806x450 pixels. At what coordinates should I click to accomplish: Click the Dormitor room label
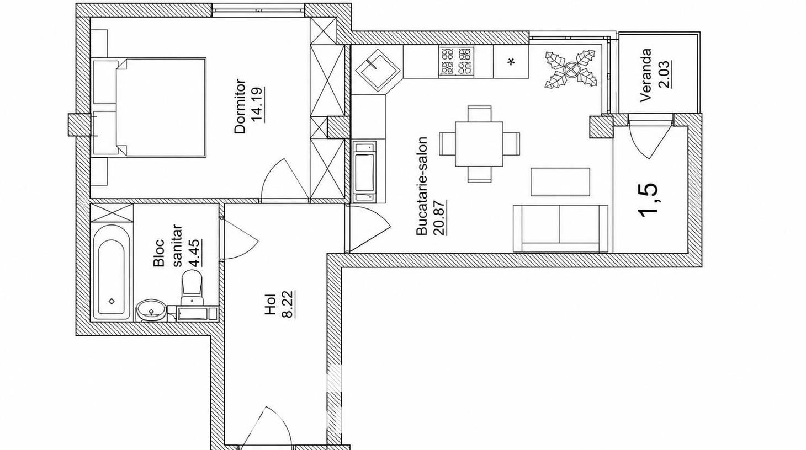(x=240, y=106)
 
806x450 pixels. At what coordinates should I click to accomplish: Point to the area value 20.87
(x=440, y=217)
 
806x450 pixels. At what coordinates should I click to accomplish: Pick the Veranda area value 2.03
(x=664, y=75)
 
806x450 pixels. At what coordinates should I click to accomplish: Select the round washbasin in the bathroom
(x=151, y=309)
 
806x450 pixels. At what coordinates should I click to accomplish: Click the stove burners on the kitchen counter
(x=456, y=62)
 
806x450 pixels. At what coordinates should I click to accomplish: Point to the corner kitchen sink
(x=377, y=69)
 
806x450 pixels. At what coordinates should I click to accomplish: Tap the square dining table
(x=479, y=144)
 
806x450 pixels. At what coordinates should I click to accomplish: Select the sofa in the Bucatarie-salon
(x=560, y=228)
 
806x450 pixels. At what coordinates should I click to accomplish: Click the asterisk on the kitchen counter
(x=511, y=62)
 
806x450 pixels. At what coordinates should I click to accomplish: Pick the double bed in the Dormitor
(x=161, y=108)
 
